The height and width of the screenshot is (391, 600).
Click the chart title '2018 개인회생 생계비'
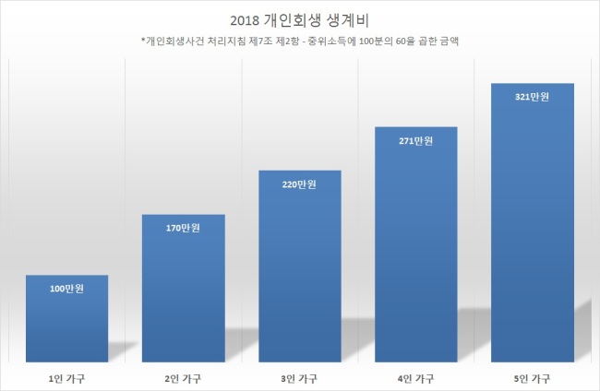tap(299, 20)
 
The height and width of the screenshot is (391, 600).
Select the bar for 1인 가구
tap(67, 318)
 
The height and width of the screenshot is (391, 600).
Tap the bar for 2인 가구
tap(184, 289)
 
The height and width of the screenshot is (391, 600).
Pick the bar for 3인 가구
tap(300, 266)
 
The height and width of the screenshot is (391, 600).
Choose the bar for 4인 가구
tap(416, 244)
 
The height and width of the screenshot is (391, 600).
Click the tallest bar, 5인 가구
tap(533, 222)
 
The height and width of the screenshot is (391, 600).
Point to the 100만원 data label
tap(67, 289)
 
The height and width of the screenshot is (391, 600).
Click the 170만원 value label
tap(183, 228)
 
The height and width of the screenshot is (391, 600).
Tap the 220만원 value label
tap(299, 184)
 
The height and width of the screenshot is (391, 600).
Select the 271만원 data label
tap(416, 141)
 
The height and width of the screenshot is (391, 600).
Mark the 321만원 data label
tap(533, 97)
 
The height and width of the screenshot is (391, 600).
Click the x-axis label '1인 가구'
tap(67, 379)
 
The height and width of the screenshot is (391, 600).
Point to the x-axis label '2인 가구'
tap(183, 379)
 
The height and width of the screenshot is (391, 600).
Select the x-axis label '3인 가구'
tap(299, 379)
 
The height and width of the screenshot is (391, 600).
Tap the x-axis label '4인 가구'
tap(416, 379)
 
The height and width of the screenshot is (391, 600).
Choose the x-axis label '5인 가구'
tap(533, 379)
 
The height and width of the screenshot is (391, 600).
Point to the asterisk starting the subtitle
tap(143, 39)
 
